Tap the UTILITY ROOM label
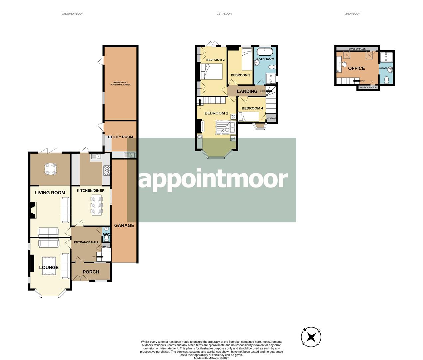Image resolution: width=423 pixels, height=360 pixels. pyautogui.click(x=120, y=137)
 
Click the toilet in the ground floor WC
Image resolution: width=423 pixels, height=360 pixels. pyautogui.click(x=106, y=229)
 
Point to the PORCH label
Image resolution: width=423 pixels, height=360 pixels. pyautogui.click(x=91, y=272)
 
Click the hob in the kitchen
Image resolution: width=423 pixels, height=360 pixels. pyautogui.click(x=107, y=171)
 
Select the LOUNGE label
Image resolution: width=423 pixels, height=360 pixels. pyautogui.click(x=49, y=267)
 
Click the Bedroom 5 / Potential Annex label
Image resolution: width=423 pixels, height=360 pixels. pyautogui.click(x=120, y=83)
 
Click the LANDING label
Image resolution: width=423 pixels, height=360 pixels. pyautogui.click(x=247, y=91)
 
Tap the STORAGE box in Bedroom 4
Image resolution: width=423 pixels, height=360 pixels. pyautogui.click(x=271, y=118)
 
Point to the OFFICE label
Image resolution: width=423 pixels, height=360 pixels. pyautogui.click(x=356, y=68)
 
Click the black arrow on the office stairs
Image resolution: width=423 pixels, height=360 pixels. pyautogui.click(x=356, y=81)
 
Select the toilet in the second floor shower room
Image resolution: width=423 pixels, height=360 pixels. pyautogui.click(x=386, y=80)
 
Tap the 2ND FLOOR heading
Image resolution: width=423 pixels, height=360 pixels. pyautogui.click(x=353, y=14)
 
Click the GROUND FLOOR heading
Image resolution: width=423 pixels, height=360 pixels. pyautogui.click(x=73, y=14)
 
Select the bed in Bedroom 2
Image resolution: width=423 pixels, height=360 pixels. pyautogui.click(x=211, y=72)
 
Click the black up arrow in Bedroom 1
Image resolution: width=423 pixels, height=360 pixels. pyautogui.click(x=200, y=102)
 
